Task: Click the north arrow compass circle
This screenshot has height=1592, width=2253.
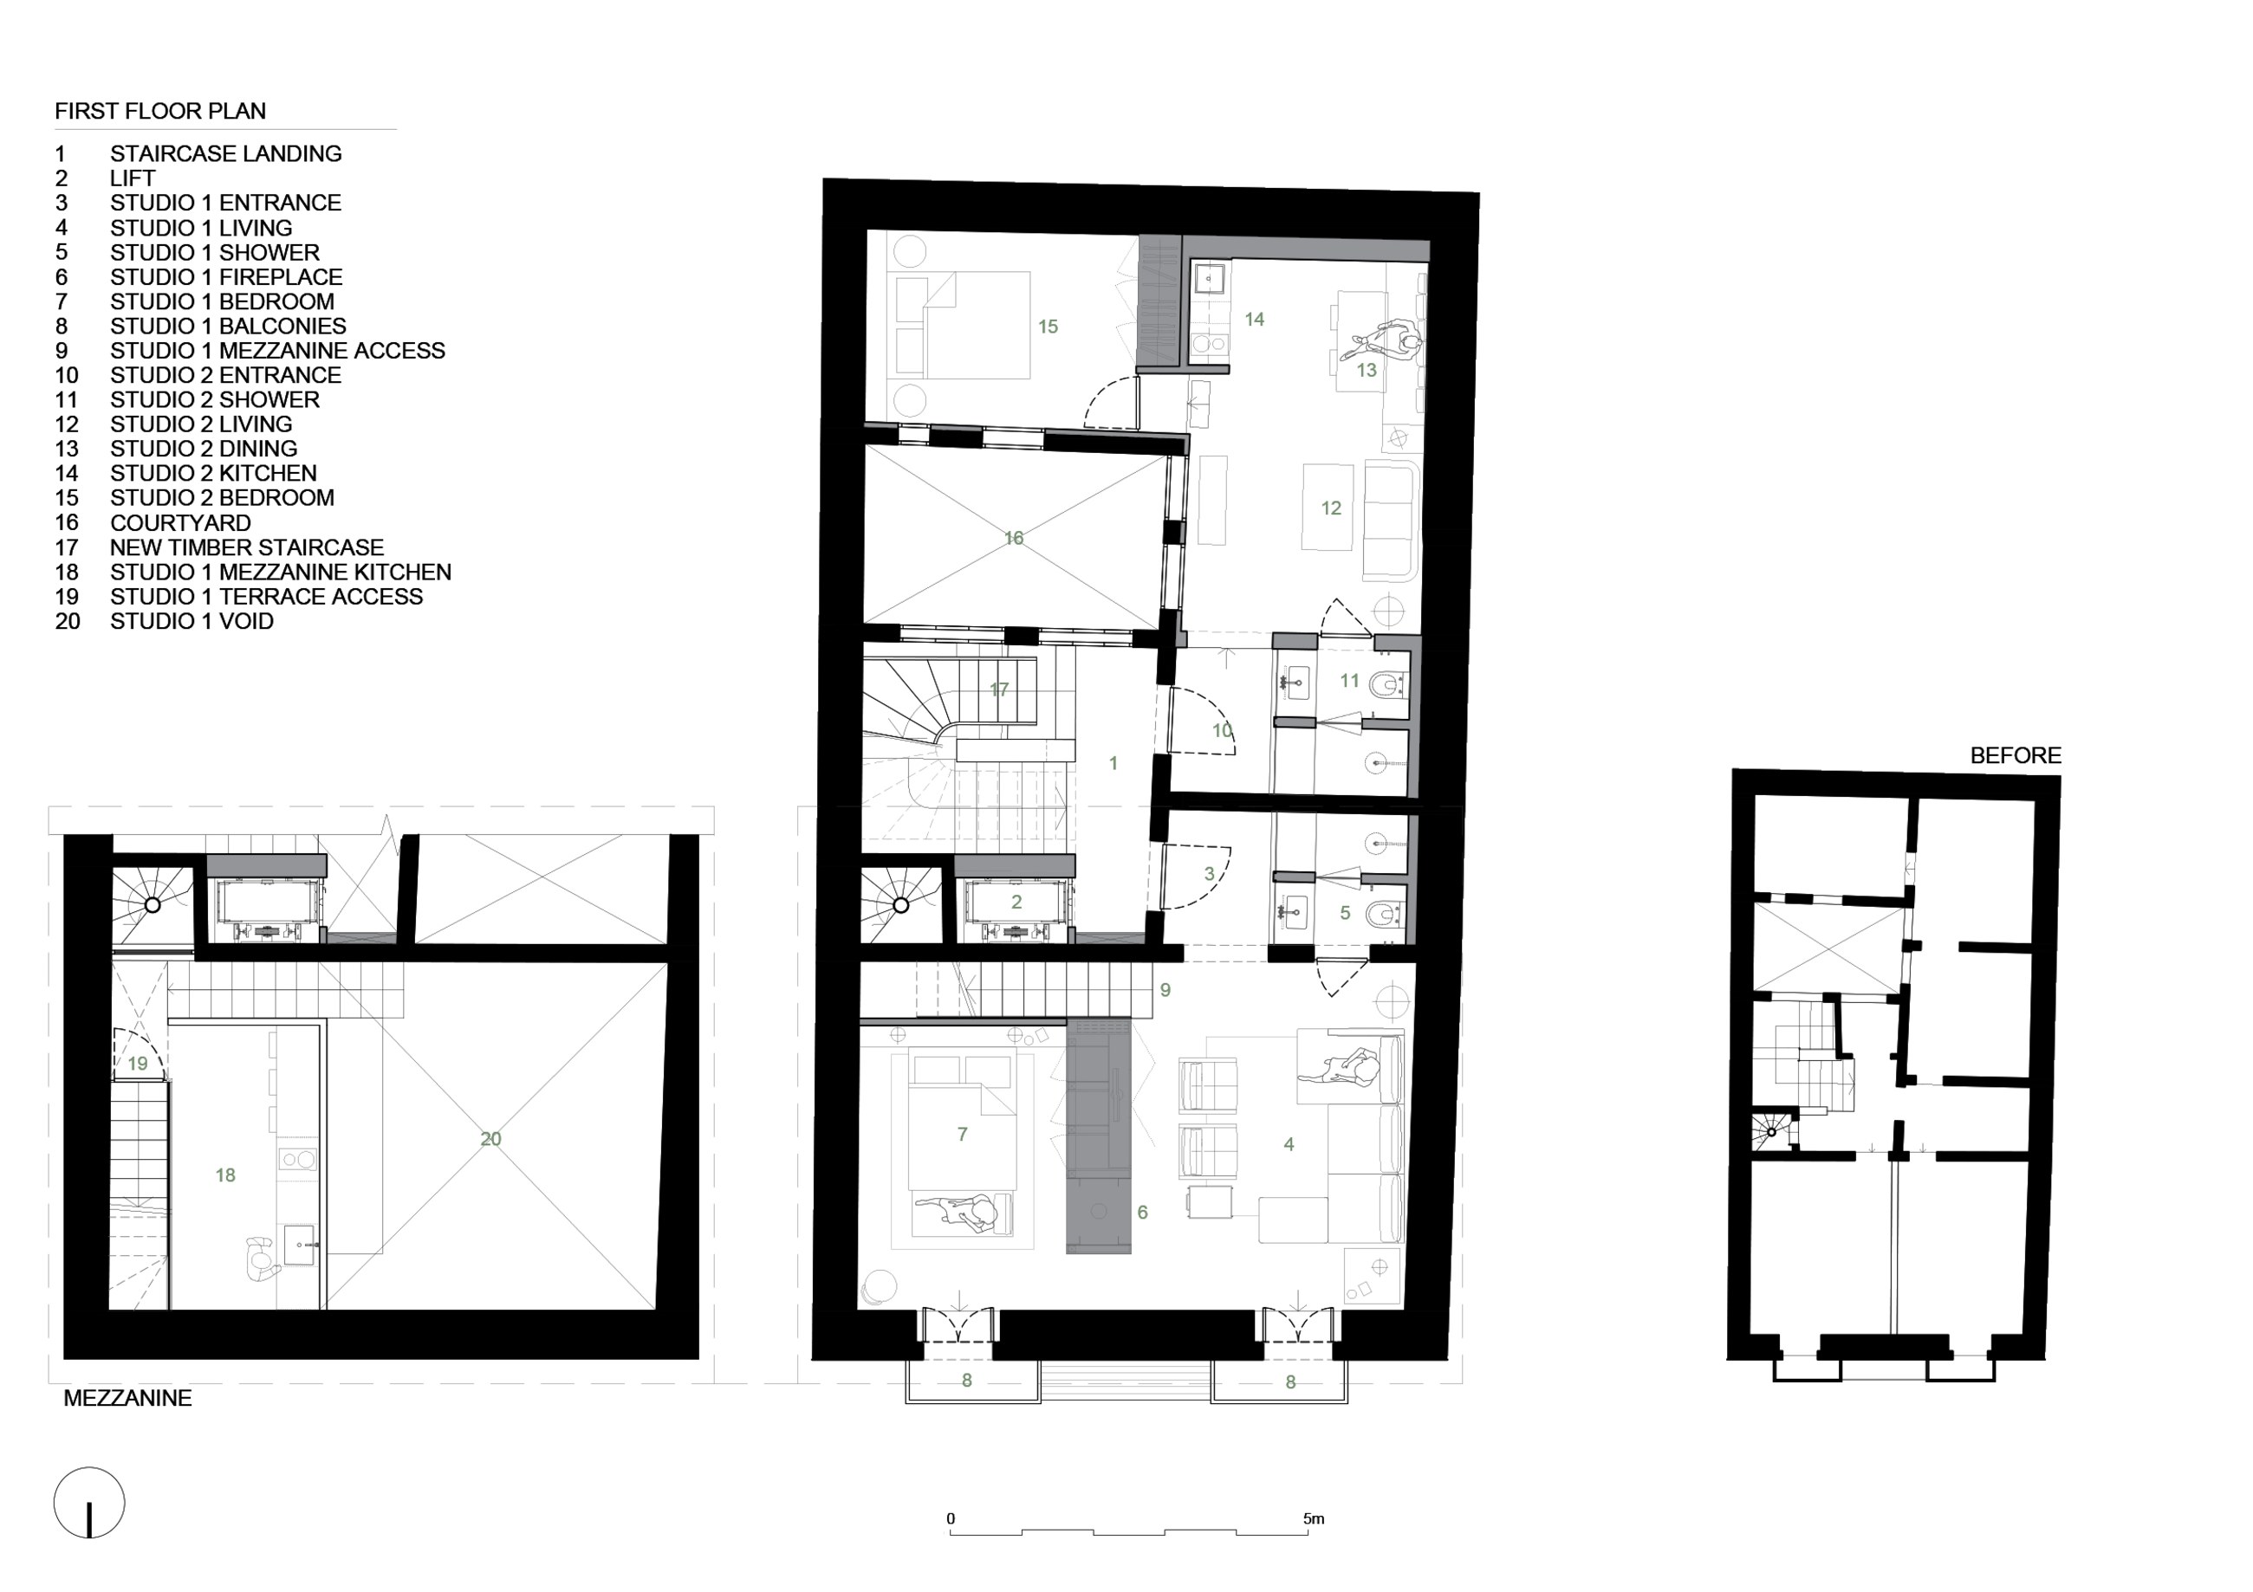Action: click(89, 1502)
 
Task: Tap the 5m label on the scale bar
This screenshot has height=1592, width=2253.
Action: click(1313, 1518)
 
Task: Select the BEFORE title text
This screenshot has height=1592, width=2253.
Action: click(2016, 755)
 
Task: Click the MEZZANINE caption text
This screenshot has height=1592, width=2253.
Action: click(127, 1398)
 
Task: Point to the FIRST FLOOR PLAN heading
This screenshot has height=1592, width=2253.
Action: click(160, 111)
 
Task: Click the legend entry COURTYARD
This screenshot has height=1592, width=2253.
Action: click(180, 523)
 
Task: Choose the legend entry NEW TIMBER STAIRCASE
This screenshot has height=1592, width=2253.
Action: click(246, 547)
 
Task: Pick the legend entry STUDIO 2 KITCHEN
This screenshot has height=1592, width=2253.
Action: click(213, 473)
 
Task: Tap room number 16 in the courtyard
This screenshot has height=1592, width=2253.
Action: click(1014, 538)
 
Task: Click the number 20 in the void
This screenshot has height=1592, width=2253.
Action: click(490, 1139)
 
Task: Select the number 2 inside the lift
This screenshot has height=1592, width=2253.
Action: click(1016, 902)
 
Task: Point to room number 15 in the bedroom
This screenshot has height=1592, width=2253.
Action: click(1048, 327)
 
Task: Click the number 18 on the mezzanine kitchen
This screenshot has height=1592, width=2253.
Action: click(224, 1175)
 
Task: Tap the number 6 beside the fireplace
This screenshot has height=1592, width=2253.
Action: click(1142, 1213)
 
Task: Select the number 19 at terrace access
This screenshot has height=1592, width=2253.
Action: click(138, 1064)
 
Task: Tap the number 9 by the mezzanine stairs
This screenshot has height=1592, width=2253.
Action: click(1165, 990)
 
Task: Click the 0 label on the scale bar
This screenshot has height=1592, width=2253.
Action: click(950, 1518)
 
